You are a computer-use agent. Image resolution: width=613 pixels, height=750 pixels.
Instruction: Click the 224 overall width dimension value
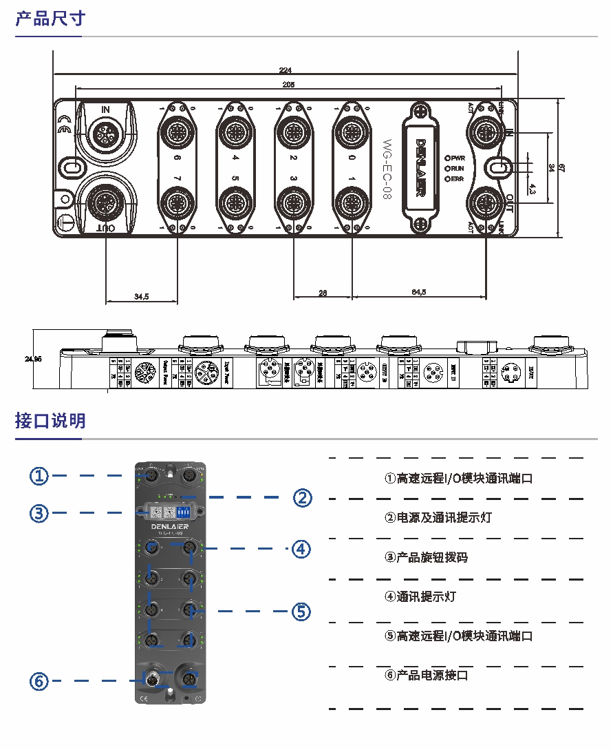pos(285,70)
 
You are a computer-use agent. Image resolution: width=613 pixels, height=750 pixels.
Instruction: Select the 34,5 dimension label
pos(142,297)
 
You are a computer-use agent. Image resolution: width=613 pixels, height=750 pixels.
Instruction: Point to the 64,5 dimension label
pos(419,293)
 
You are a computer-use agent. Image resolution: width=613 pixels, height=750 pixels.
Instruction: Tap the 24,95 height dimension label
pos(33,359)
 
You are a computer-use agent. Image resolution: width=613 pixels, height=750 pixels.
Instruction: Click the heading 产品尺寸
pos(50,19)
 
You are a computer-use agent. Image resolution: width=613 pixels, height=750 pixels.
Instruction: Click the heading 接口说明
pos(50,420)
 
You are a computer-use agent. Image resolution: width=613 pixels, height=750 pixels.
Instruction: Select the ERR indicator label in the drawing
pos(458,179)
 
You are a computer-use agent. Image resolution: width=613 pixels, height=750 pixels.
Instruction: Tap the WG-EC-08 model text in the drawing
pos(387,168)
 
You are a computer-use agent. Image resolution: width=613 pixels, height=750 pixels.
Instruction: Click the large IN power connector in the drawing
pos(105,132)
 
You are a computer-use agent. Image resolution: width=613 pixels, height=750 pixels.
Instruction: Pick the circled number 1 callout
pos(39,475)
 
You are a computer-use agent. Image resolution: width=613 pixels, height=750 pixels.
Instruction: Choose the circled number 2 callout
pos(303,497)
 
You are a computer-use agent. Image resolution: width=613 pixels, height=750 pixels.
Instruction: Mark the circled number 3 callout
pos(39,512)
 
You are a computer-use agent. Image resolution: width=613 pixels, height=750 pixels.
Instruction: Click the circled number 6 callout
pos(39,681)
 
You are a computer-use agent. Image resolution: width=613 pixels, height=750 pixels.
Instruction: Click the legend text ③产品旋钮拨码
pos(426,557)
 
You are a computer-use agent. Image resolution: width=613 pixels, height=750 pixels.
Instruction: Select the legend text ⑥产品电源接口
pos(426,675)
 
